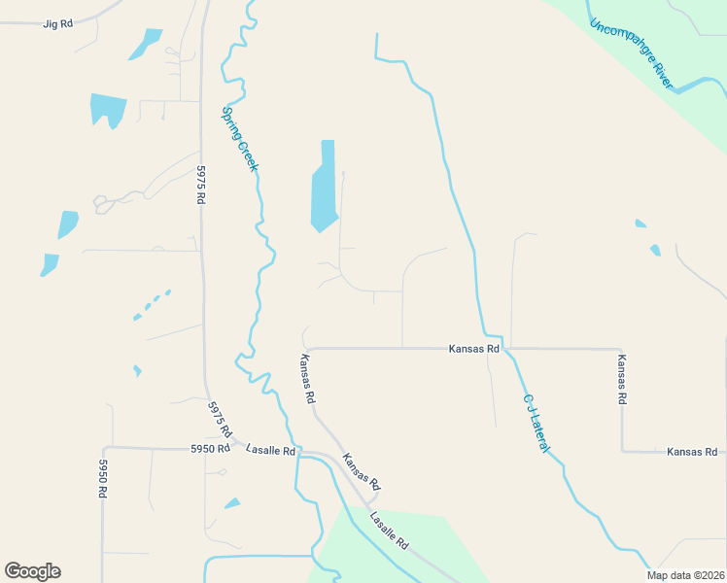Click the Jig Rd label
click(x=58, y=22)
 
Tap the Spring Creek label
click(x=240, y=139)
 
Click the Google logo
click(x=32, y=571)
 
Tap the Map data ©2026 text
click(x=686, y=575)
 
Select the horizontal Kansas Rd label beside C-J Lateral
click(x=473, y=348)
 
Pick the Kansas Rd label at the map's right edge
click(x=691, y=452)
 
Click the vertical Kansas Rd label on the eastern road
click(x=622, y=379)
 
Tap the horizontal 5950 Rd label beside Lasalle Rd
click(x=210, y=449)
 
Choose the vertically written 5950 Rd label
click(x=102, y=479)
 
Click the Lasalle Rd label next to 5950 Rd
click(x=270, y=450)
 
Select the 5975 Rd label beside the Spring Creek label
click(x=201, y=184)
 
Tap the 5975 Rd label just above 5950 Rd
click(x=221, y=418)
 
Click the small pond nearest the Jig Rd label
click(x=147, y=43)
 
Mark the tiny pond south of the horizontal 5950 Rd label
click(x=232, y=503)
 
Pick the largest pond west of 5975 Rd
click(x=108, y=109)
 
